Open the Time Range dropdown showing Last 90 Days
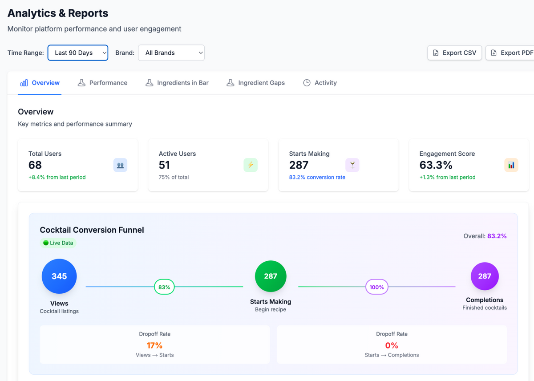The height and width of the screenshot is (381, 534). (78, 53)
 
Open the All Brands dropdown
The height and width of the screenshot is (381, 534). (171, 53)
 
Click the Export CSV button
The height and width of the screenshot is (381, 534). (454, 53)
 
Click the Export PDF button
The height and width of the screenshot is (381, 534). (510, 53)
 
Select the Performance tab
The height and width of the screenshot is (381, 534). (102, 83)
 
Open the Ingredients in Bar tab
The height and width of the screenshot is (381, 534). (177, 83)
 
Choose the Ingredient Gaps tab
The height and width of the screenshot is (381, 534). (255, 83)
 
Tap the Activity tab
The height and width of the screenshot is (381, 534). (320, 83)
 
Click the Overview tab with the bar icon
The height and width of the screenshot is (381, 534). (40, 83)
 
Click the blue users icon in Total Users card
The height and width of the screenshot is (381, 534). (120, 165)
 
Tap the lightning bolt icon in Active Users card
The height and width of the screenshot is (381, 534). (251, 165)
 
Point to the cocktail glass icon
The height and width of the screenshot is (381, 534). (352, 165)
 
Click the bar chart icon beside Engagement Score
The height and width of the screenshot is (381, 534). (511, 165)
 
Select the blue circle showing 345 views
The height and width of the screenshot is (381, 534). (59, 276)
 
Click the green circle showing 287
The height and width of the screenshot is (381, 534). (271, 276)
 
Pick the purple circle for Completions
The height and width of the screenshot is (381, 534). (485, 276)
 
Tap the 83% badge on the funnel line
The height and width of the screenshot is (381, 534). (164, 287)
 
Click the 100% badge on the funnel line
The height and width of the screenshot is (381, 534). (376, 287)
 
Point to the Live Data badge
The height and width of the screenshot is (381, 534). (58, 243)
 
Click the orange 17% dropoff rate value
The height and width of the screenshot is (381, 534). (154, 345)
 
